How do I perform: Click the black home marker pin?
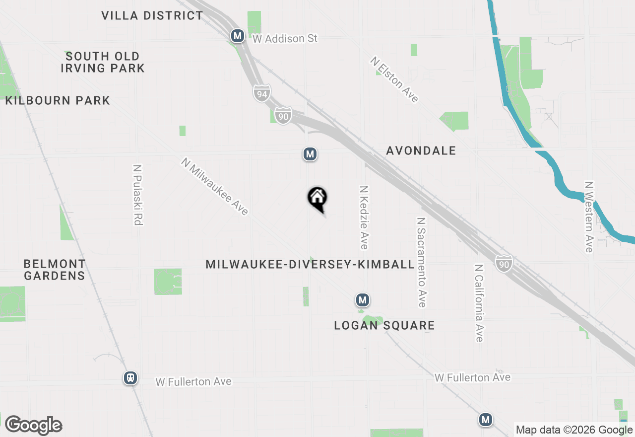click(317, 198)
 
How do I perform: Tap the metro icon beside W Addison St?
click(238, 36)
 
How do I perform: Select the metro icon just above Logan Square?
click(363, 300)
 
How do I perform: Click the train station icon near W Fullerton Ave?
click(130, 378)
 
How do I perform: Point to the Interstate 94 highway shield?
click(261, 93)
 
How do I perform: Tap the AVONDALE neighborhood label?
click(421, 150)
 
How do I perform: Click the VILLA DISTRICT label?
click(152, 15)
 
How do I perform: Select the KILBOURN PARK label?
click(58, 100)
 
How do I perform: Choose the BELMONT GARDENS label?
click(55, 270)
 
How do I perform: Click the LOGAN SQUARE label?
click(384, 325)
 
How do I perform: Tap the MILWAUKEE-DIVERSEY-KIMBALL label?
click(310, 264)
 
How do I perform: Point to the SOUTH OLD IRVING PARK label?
click(103, 62)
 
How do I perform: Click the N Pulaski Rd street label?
click(138, 195)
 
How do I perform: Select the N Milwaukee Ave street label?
click(215, 186)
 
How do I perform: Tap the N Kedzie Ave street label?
click(364, 218)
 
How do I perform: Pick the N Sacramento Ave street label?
click(422, 262)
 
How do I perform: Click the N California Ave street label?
click(479, 302)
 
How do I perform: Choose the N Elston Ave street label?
click(394, 79)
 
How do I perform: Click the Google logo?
click(33, 425)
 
